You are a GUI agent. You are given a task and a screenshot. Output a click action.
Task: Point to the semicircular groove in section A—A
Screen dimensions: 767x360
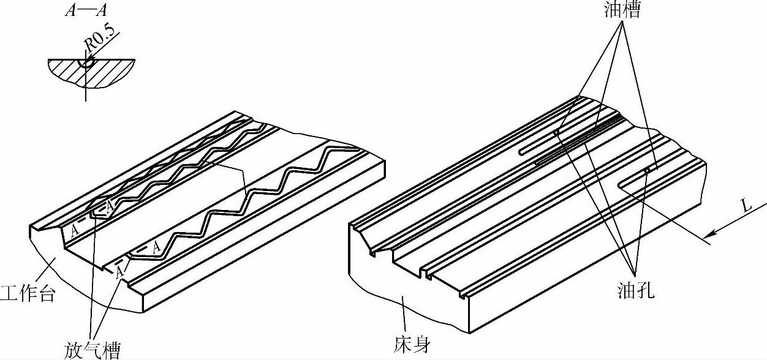pyautogui.click(x=86, y=62)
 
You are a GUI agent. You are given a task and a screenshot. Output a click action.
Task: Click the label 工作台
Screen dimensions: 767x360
pyautogui.click(x=28, y=293)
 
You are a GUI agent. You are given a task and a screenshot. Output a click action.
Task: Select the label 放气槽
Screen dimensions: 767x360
pyautogui.click(x=92, y=349)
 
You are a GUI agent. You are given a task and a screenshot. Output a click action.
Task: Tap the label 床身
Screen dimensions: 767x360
pyautogui.click(x=411, y=345)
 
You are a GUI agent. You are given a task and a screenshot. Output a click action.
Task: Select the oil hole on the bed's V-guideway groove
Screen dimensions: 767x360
pyautogui.click(x=556, y=132)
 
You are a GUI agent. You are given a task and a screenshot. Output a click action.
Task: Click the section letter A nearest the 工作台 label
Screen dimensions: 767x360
pyautogui.click(x=74, y=231)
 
